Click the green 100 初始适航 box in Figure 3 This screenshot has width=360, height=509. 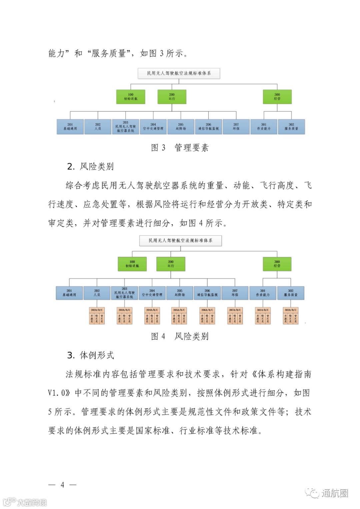point(131,97)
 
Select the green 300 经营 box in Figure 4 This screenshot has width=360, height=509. point(277,264)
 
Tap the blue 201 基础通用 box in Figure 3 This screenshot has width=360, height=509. point(70,127)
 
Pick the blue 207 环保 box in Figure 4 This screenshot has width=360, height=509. point(235,293)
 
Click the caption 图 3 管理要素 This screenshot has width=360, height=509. point(180,148)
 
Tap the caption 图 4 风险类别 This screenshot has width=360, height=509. point(180,336)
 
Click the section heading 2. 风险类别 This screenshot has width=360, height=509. point(90,166)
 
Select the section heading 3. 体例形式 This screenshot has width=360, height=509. point(90,355)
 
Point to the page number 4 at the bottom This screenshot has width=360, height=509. point(62,485)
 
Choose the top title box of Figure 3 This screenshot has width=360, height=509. point(179,73)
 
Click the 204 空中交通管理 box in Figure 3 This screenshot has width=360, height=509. point(153,127)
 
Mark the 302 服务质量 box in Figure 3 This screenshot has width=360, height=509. point(291,127)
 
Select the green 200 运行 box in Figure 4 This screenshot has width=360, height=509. point(171,264)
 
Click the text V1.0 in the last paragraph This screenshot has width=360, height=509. point(58,393)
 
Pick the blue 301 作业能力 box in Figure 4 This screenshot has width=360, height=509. point(263,293)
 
